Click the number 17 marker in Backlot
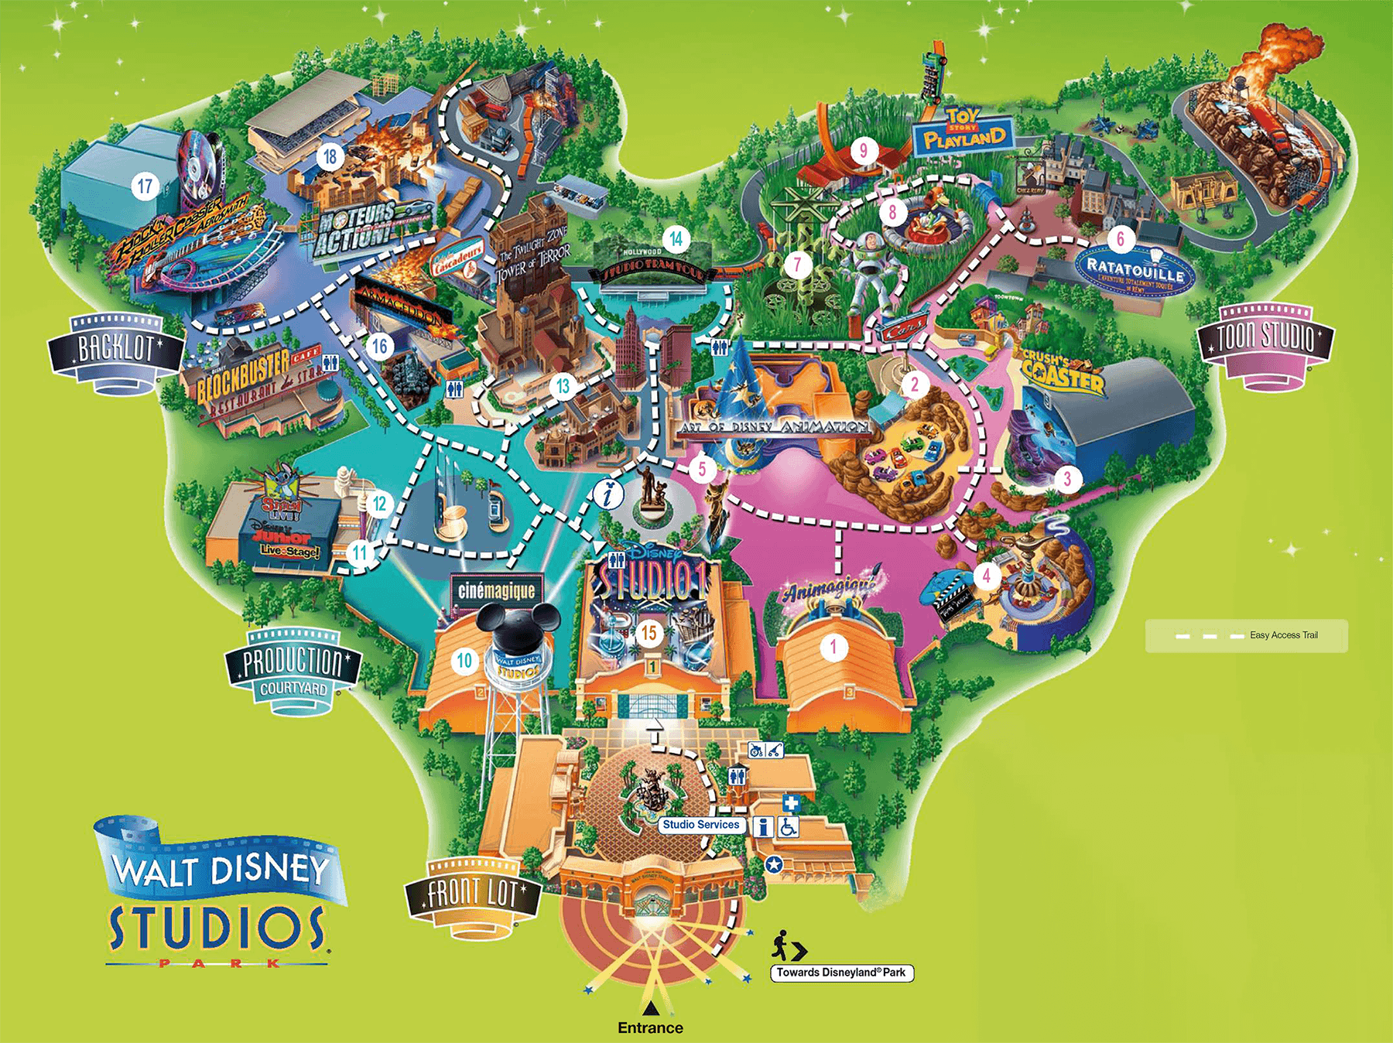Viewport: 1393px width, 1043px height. [x=145, y=186]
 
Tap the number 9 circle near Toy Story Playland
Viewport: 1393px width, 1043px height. [x=864, y=150]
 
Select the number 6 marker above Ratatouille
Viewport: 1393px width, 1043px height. [x=1120, y=238]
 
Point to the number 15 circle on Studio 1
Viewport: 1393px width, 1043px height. [x=649, y=633]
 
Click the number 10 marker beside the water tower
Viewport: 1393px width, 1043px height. [x=464, y=660]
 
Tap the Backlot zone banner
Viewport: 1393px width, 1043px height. [x=116, y=351]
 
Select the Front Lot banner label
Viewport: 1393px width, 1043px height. [x=473, y=894]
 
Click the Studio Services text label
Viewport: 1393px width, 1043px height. [x=701, y=825]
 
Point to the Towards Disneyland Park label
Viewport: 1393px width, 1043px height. [x=841, y=973]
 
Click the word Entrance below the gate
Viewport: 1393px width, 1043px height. [x=650, y=1028]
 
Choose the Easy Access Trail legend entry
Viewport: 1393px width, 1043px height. [x=1246, y=635]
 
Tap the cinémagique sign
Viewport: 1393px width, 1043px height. [x=496, y=591]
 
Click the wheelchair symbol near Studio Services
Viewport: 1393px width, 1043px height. [x=788, y=827]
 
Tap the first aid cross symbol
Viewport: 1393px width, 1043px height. [x=790, y=802]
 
